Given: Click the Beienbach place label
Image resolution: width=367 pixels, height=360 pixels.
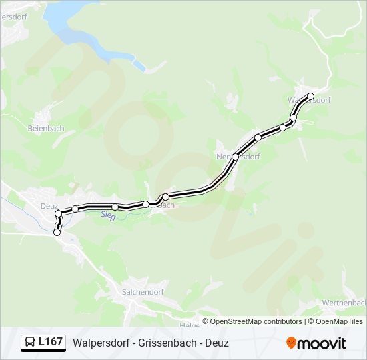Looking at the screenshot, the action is [45, 127].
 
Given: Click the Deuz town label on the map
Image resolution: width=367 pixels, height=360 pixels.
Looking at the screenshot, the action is [49, 206].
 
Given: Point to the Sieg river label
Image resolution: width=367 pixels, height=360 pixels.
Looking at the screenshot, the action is [108, 215].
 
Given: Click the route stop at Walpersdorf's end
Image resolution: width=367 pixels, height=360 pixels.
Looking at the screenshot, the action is [310, 96].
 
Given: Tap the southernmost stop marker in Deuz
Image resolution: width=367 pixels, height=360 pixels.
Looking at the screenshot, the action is [57, 233].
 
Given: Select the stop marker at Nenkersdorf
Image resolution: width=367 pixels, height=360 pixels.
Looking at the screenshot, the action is [236, 157].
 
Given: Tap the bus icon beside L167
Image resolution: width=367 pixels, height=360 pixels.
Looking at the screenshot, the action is [30, 343].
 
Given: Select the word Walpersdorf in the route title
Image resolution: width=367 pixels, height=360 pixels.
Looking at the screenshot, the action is [102, 343].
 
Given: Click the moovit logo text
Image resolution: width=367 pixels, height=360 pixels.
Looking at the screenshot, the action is [322, 343].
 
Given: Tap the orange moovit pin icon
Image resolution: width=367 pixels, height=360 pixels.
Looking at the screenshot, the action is [291, 343].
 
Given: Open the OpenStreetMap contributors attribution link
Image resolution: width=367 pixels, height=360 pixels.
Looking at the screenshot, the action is [256, 321].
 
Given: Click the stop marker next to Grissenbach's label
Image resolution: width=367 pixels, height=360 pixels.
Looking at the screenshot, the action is [166, 197].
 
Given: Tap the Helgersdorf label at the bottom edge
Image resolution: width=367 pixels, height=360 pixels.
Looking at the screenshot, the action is [190, 325].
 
